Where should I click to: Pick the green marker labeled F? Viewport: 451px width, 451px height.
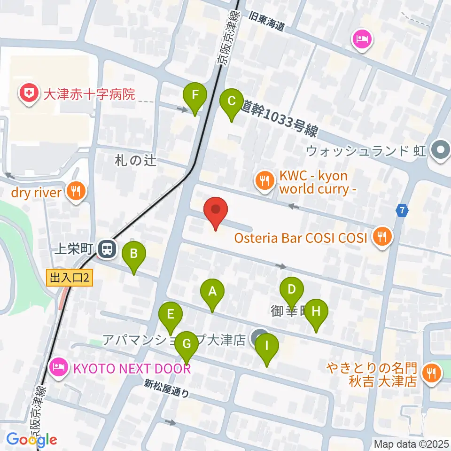pyautogui.click(x=195, y=97)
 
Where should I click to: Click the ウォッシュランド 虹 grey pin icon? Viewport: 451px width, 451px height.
pyautogui.click(x=440, y=151)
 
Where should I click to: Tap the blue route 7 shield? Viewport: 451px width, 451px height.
pyautogui.click(x=401, y=210)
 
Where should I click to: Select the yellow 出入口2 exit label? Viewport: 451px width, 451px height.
pyautogui.click(x=70, y=279)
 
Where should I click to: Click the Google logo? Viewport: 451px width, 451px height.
pyautogui.click(x=32, y=440)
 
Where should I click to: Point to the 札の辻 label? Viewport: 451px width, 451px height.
pyautogui.click(x=135, y=161)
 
